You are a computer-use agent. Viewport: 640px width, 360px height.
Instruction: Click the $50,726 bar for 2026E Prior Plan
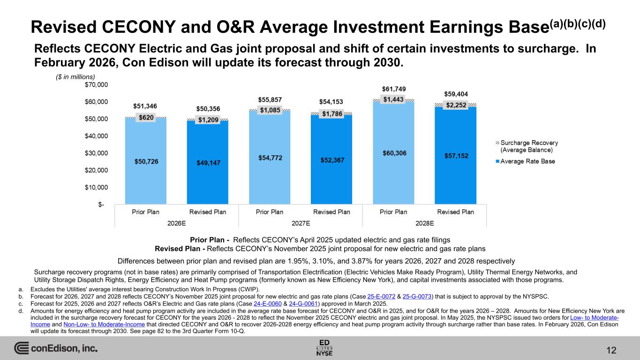(x=146, y=161)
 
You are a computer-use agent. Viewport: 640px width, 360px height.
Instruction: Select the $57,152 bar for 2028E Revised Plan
(x=455, y=155)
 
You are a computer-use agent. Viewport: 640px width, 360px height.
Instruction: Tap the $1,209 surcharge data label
(x=208, y=120)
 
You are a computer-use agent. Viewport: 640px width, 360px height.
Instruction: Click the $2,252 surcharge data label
(x=455, y=105)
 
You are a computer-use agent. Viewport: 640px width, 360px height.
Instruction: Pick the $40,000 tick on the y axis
(x=96, y=136)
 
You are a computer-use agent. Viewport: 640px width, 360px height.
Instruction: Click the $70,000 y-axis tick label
(x=96, y=85)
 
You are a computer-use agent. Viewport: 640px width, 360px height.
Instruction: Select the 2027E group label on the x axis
(x=301, y=223)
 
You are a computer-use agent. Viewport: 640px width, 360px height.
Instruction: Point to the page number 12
(x=611, y=350)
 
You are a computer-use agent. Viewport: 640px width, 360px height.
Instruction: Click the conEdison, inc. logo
(x=56, y=349)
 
